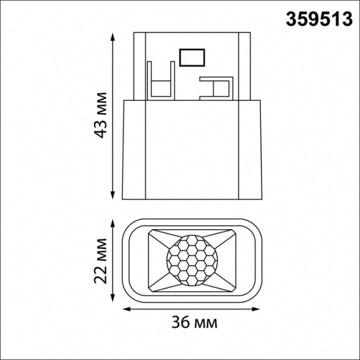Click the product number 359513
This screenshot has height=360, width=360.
click(x=320, y=20)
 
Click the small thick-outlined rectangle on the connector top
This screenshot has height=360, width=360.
click(x=193, y=57)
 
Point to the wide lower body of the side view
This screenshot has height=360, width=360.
click(x=191, y=150)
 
